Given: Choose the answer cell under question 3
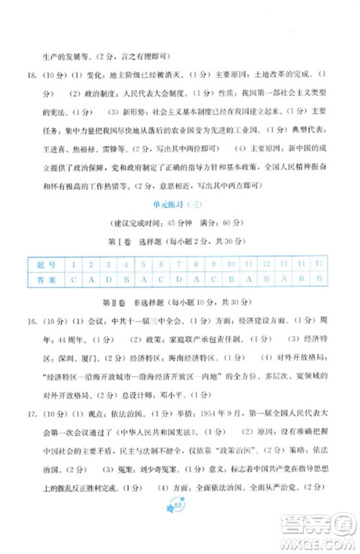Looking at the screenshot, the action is click(107, 280).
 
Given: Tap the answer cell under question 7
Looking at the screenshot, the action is click(177, 280).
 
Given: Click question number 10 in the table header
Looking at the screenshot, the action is click(231, 264).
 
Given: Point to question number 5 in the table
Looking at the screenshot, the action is click(143, 264).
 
